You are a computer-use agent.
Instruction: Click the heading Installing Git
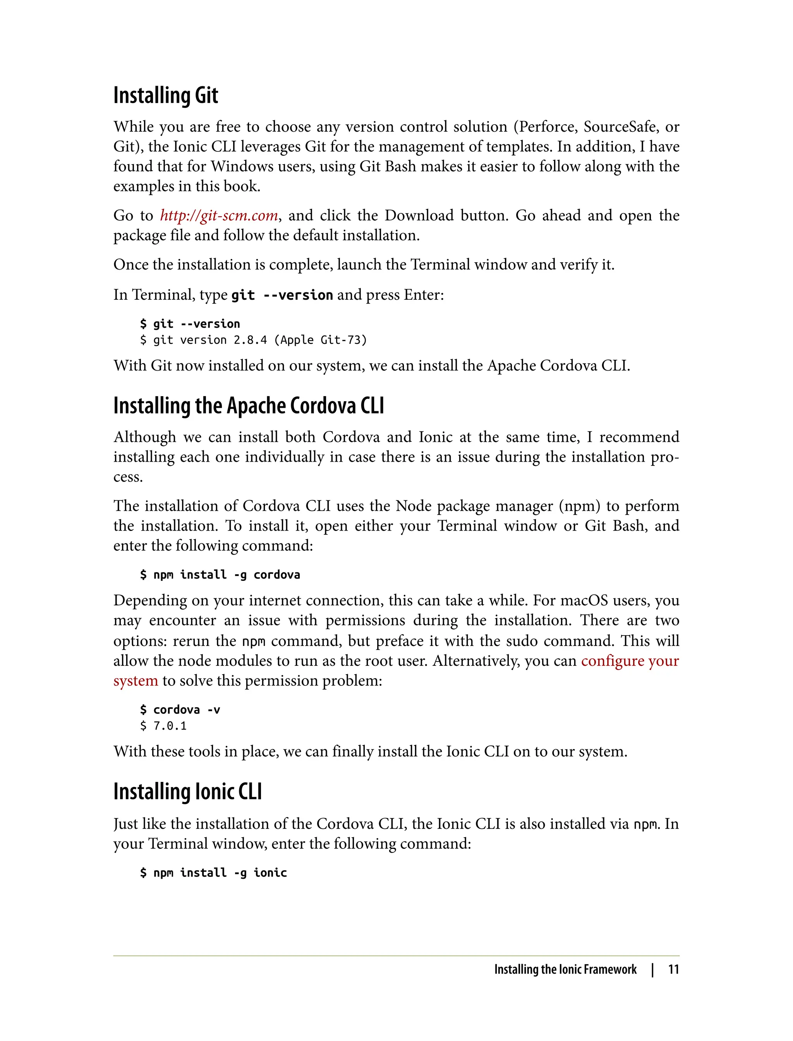pos(165,95)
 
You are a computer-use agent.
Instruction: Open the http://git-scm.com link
pos(218,215)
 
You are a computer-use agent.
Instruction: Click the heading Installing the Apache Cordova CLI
pos(248,405)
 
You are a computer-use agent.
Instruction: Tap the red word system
pos(136,680)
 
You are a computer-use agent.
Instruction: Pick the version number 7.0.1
pos(170,726)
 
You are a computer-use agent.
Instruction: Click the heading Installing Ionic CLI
pos(187,792)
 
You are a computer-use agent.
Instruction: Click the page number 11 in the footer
pos(673,969)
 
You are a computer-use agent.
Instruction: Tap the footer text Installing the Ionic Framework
pos(565,969)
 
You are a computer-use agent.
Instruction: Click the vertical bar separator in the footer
pos(652,969)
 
